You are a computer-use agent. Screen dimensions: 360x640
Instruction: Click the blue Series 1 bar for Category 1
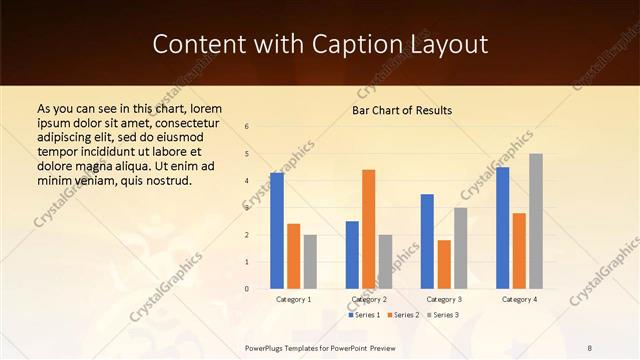277,231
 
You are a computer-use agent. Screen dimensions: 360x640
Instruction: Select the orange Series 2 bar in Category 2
369,229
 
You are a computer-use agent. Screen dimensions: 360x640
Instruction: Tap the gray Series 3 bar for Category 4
536,221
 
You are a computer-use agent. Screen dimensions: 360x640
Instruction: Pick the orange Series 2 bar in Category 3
444,264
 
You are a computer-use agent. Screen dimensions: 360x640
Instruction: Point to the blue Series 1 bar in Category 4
502,228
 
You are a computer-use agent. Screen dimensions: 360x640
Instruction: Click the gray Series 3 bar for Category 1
310,262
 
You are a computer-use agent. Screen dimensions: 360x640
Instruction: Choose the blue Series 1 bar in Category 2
352,255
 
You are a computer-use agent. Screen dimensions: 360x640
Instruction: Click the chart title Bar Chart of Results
402,110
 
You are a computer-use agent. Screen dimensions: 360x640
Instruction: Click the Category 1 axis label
293,299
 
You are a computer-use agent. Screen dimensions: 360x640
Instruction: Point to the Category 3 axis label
444,299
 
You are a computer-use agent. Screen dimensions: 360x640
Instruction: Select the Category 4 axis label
519,299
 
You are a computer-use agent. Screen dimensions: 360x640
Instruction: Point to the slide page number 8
590,347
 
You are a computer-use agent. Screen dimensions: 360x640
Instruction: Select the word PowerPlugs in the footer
267,347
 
